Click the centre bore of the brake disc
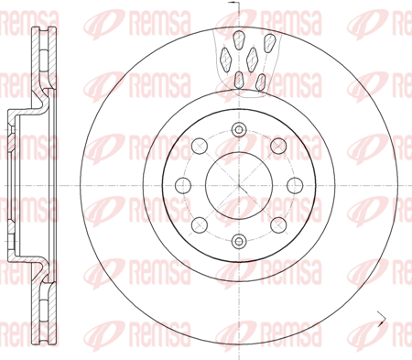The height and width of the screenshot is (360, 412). click(239, 185)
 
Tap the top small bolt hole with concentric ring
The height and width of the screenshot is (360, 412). click(239, 130)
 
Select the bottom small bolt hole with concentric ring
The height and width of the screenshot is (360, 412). click(239, 241)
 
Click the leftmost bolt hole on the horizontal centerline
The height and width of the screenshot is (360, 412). click(183, 185)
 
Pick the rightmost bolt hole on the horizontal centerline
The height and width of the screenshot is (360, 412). click(295, 185)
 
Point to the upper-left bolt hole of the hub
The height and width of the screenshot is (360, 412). click(200, 146)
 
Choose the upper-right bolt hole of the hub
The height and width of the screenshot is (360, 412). click(278, 146)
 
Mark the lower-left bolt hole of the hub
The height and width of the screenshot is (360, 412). click(200, 225)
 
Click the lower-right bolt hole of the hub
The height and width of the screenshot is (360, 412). click(278, 225)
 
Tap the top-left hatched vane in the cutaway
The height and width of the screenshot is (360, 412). click(239, 40)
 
